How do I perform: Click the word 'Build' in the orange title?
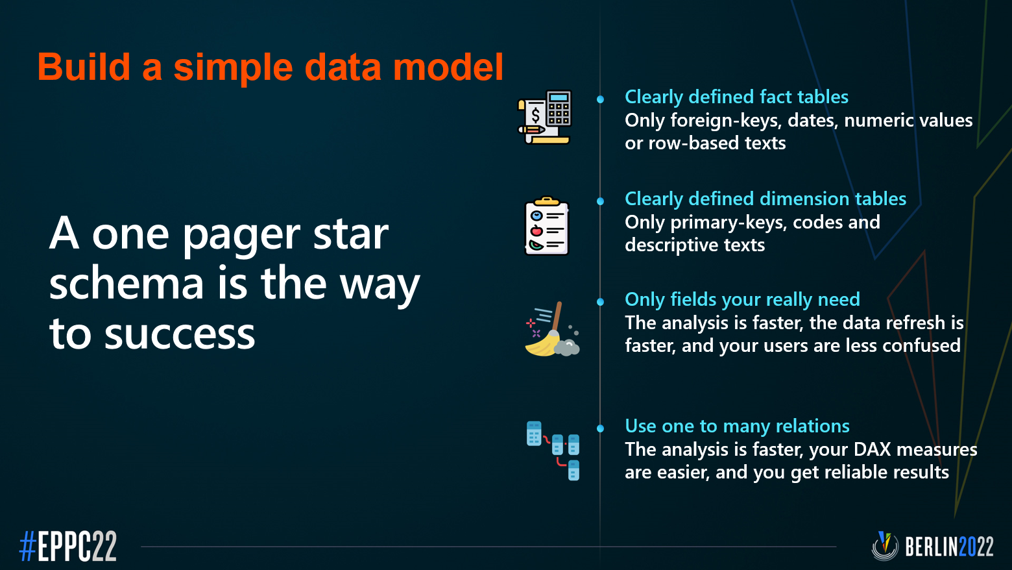[x=84, y=67]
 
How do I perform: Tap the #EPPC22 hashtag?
[x=67, y=546]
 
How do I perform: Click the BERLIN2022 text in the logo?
[x=949, y=547]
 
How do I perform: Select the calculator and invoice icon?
[x=544, y=117]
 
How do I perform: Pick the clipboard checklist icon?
[x=547, y=226]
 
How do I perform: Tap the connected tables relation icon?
[x=553, y=451]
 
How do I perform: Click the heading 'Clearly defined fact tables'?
[x=736, y=97]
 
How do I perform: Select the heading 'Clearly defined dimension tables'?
[x=765, y=199]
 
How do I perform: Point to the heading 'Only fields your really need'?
[x=742, y=300]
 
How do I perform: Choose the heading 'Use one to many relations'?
[x=737, y=427]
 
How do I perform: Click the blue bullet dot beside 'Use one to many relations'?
[x=600, y=428]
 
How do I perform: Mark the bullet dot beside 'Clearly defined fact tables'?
[x=600, y=99]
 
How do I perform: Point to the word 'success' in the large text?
[x=180, y=334]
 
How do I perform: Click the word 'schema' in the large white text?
[x=126, y=284]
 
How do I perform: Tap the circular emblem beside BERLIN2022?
[x=885, y=546]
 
